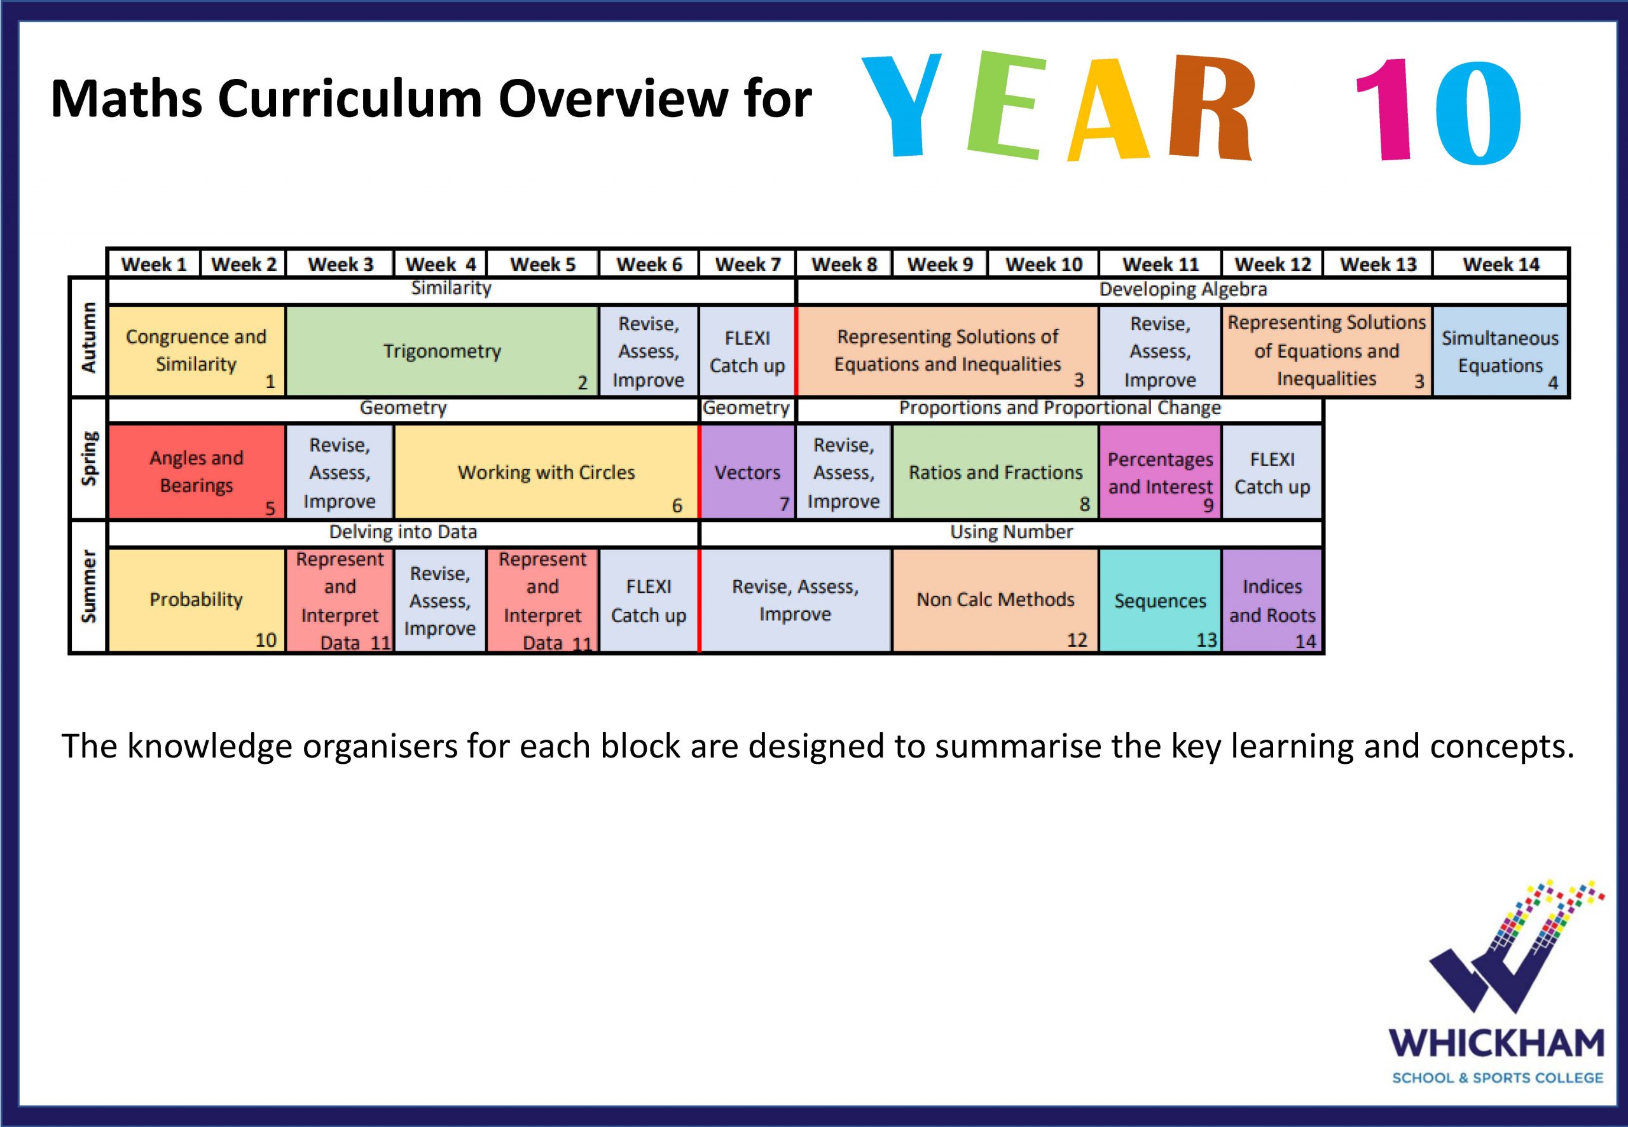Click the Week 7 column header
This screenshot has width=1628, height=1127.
point(748,264)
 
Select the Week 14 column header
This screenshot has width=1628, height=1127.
point(1501,264)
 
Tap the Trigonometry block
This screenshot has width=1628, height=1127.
point(443,351)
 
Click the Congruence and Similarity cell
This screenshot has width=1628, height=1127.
point(197,351)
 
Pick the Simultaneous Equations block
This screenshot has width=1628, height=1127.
point(1500,351)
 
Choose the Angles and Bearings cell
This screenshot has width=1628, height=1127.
point(197,472)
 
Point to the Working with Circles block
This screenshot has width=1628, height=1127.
point(546,472)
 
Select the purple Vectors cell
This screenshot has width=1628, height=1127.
point(748,472)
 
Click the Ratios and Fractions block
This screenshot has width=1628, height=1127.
point(995,472)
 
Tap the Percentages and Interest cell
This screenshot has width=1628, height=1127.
point(1160,472)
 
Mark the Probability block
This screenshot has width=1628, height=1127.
point(197,600)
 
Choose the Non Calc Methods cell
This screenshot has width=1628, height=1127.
point(995,600)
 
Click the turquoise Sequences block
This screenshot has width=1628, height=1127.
point(1160,600)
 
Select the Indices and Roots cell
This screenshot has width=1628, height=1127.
point(1272,600)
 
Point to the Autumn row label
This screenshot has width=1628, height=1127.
point(88,337)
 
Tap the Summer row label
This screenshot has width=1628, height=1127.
point(88,587)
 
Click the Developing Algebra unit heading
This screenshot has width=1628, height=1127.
point(1182,289)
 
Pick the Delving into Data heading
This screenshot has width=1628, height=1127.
point(403,532)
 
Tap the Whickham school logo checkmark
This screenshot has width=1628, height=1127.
point(1511,953)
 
